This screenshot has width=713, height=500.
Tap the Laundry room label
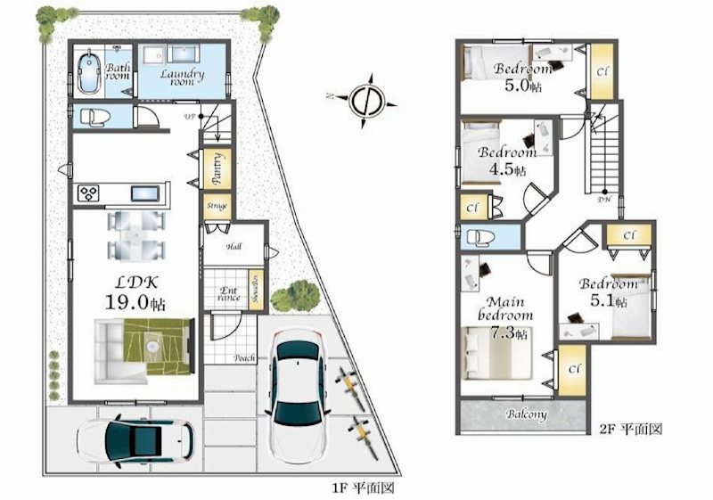coord(182,78)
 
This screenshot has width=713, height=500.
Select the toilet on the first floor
coord(93,117)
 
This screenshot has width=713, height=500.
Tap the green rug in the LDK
coord(159,342)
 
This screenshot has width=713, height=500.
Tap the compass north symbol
coord(366,98)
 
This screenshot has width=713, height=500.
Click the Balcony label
coord(526,414)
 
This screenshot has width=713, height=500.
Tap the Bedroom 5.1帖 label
coord(609,293)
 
